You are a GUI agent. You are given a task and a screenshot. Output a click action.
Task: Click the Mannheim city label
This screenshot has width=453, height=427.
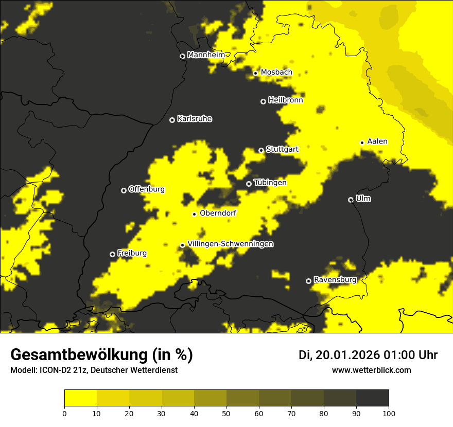click(x=206, y=55)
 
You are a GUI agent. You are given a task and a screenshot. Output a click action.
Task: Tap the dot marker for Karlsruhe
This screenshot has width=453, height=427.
click(x=172, y=120)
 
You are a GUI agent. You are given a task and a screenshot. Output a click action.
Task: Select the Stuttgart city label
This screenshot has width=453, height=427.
click(x=282, y=149)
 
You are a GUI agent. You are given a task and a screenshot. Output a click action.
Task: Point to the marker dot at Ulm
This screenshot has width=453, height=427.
click(x=351, y=200)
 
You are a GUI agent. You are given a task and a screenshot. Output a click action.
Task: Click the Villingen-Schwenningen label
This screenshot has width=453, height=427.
click(x=230, y=244)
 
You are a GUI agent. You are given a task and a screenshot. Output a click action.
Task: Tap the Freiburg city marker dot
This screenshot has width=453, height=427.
click(x=112, y=254)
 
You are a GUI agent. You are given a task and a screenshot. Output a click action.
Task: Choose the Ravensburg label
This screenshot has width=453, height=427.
click(x=335, y=280)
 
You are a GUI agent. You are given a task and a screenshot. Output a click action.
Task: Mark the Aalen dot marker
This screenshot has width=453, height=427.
click(x=362, y=143)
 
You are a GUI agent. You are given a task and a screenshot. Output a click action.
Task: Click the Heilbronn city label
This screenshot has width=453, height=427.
click(x=285, y=100)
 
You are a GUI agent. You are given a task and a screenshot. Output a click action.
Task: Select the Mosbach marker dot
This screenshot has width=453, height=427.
click(x=255, y=73)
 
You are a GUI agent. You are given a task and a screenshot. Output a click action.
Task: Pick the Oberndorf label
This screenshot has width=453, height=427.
click(x=218, y=213)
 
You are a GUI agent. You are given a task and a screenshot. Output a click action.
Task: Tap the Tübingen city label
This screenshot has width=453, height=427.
click(x=270, y=183)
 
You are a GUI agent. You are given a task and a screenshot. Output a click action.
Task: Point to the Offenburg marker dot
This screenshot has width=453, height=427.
click(x=124, y=190)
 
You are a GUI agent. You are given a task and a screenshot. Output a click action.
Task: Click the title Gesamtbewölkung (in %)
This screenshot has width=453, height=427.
click(x=101, y=354)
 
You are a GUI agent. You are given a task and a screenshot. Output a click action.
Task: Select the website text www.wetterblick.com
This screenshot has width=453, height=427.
click(x=371, y=370)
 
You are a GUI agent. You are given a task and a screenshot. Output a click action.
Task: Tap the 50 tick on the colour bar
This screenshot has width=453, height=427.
click(x=226, y=413)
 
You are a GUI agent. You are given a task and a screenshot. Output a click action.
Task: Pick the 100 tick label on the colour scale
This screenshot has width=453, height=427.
click(x=389, y=413)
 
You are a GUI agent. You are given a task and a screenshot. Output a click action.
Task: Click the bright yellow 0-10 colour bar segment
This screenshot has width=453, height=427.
click(x=80, y=398)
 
